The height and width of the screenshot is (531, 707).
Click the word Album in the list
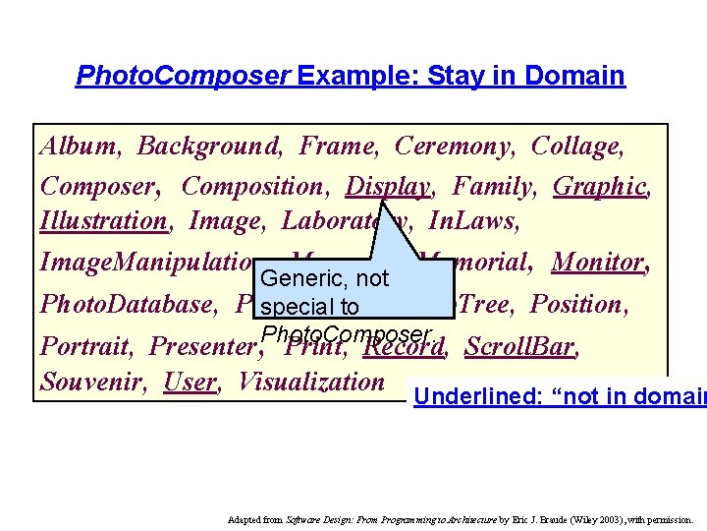coord(79,147)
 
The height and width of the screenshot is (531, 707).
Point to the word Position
coord(578,304)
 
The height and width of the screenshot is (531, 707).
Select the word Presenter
coord(202,346)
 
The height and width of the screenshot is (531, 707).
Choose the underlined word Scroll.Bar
coord(521,346)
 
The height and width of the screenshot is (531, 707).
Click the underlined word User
coord(190,382)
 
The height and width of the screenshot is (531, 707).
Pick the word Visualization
coord(311,382)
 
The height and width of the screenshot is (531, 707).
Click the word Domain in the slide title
coord(575,76)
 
